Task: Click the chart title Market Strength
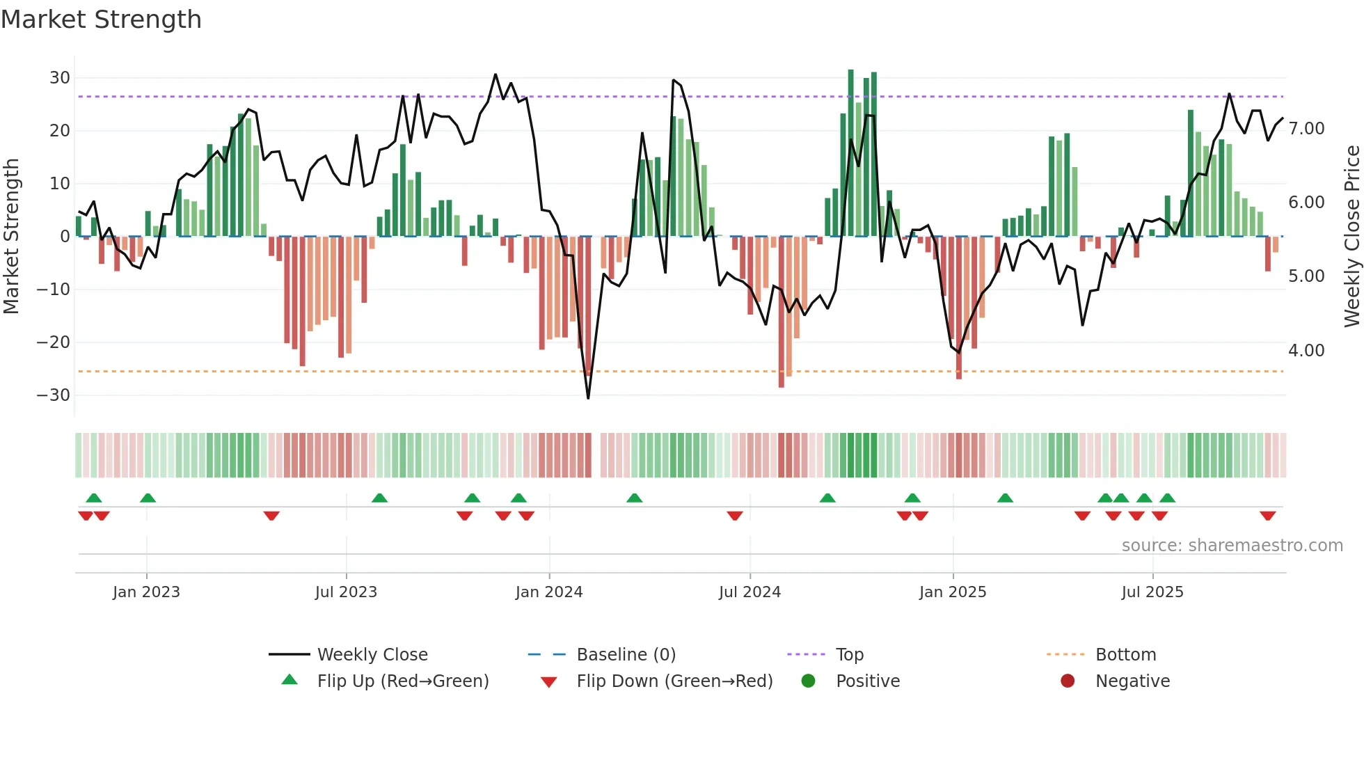(101, 19)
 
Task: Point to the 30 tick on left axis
(60, 78)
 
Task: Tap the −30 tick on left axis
(54, 395)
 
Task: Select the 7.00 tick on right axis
(1306, 129)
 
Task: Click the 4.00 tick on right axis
(1306, 351)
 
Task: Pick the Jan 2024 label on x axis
(549, 592)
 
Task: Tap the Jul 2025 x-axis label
(1152, 592)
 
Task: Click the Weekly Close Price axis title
(1351, 237)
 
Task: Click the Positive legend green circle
(808, 681)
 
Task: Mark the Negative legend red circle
(1068, 681)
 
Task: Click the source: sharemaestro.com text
(1232, 546)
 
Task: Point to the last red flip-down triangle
(1267, 516)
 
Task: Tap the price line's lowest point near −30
(588, 398)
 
